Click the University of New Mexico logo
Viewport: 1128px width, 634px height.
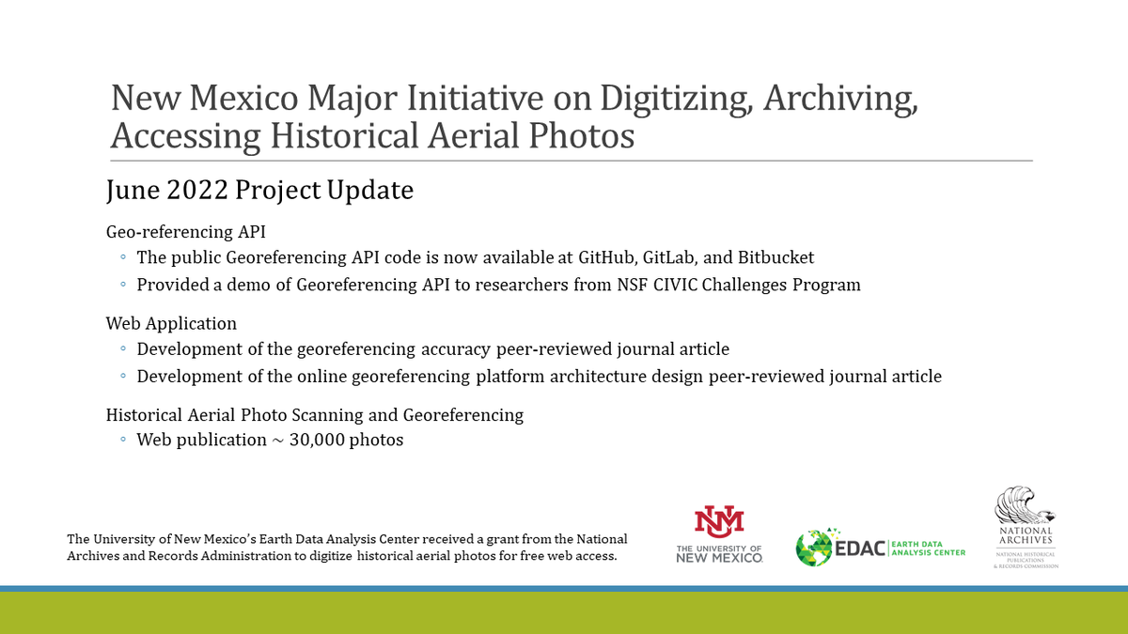click(719, 534)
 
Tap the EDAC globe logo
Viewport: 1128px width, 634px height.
click(813, 548)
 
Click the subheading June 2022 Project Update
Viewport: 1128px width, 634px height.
click(259, 190)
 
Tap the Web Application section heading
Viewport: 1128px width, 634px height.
click(171, 323)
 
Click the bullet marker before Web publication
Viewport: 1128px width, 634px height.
click(123, 441)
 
